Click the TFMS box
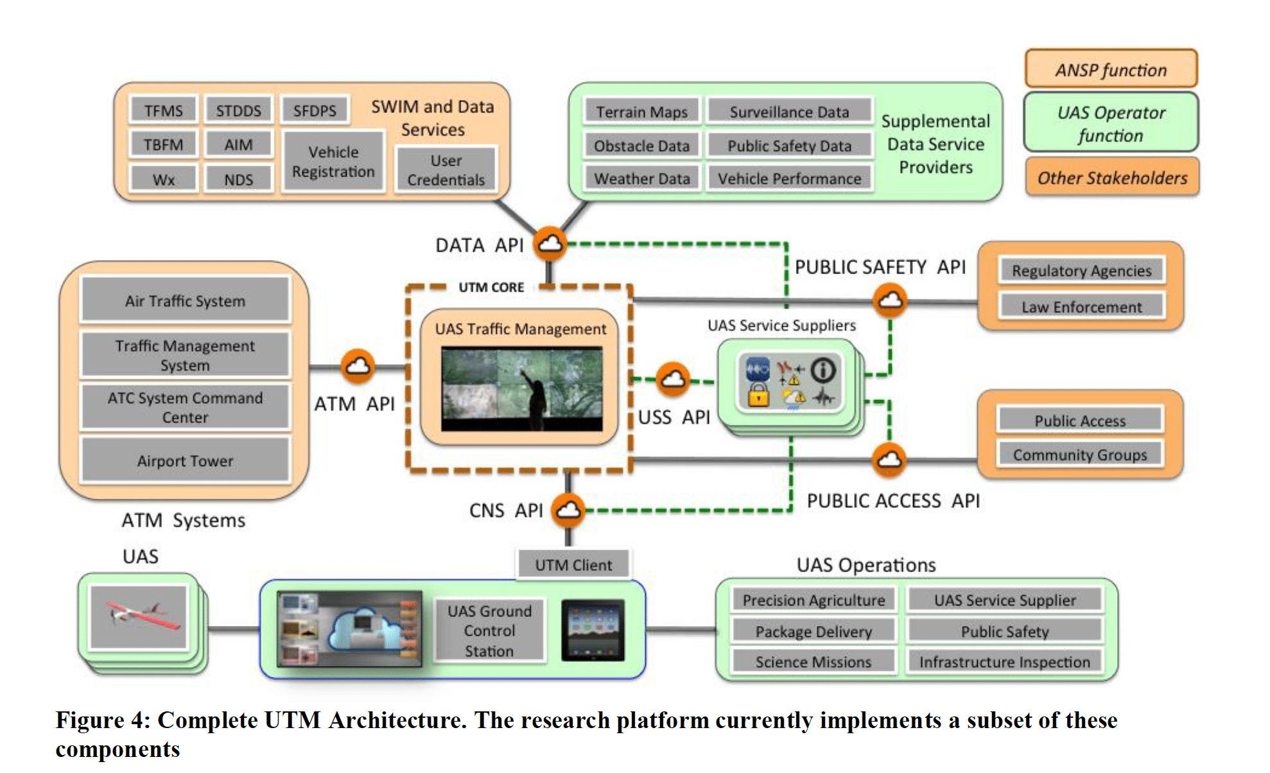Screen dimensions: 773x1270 pyautogui.click(x=163, y=110)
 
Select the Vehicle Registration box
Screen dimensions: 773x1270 pyautogui.click(x=333, y=162)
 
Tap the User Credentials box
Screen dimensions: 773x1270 pyautogui.click(x=446, y=170)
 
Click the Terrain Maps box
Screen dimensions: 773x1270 pyautogui.click(x=641, y=112)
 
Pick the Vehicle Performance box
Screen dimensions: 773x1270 pyautogui.click(x=789, y=178)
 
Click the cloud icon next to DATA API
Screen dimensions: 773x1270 pyautogui.click(x=550, y=243)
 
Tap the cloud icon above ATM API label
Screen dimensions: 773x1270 pyautogui.click(x=358, y=366)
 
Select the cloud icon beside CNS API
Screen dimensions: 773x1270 pyautogui.click(x=568, y=510)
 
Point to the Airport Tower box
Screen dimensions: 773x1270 pyautogui.click(x=185, y=460)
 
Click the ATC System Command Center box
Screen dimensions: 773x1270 pyautogui.click(x=185, y=407)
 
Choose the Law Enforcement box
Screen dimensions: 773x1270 pyautogui.click(x=1081, y=307)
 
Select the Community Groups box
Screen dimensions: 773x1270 pyautogui.click(x=1079, y=455)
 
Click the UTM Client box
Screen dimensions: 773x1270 pyautogui.click(x=573, y=565)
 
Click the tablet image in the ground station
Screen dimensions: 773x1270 pyautogui.click(x=593, y=630)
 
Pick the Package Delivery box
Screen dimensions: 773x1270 pyautogui.click(x=813, y=632)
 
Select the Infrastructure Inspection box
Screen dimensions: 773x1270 pyautogui.click(x=1004, y=661)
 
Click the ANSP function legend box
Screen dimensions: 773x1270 pyautogui.click(x=1111, y=69)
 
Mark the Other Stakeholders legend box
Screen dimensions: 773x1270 pyautogui.click(x=1112, y=178)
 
